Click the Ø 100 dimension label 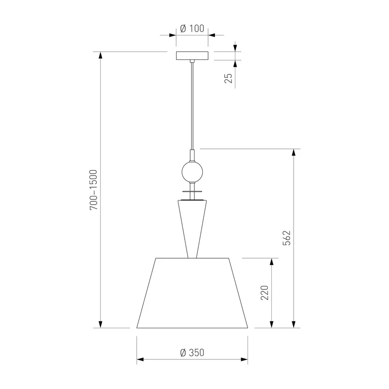click(192, 29)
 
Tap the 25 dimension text click(229, 78)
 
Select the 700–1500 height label click(93, 190)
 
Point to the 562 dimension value click(286, 238)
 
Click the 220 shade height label click(265, 293)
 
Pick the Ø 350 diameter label click(192, 353)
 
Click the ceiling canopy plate click(192, 55)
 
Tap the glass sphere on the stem click(192, 172)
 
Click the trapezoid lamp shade click(192, 293)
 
